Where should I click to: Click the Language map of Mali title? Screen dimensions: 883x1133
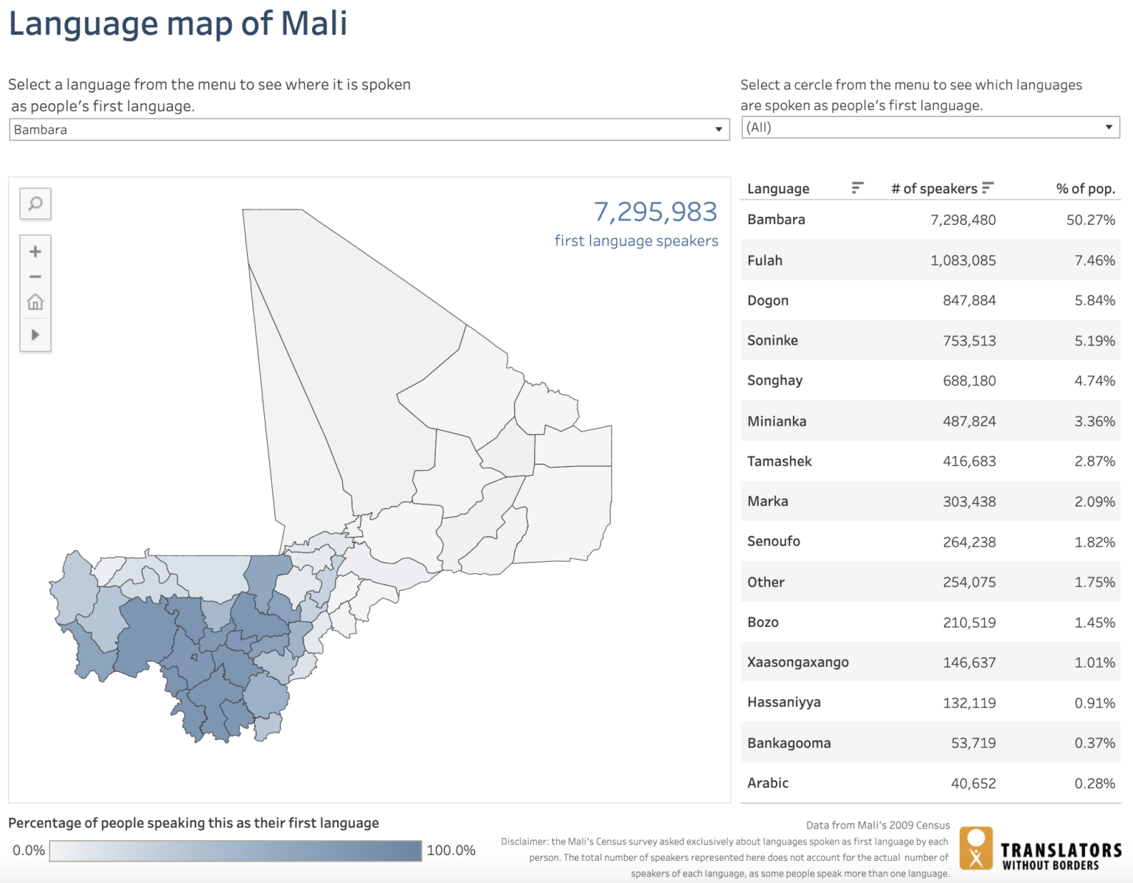point(178,23)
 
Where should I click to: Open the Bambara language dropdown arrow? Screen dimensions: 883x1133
point(718,130)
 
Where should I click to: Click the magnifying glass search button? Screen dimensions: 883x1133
point(35,204)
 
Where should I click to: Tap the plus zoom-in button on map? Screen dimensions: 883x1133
point(35,252)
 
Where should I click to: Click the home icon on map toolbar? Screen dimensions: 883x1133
point(35,302)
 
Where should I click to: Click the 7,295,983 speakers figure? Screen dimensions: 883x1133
point(655,212)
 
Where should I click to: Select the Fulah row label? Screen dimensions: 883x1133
point(765,260)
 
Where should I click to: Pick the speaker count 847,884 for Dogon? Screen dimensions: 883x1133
point(969,300)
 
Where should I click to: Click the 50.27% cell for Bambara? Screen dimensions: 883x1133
point(1090,220)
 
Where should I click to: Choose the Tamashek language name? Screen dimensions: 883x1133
point(779,461)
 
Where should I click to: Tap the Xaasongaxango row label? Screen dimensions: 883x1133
point(797,662)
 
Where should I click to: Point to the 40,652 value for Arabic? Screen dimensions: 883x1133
point(973,783)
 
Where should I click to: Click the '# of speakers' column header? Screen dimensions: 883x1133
point(934,189)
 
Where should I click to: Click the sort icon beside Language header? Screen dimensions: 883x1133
point(857,188)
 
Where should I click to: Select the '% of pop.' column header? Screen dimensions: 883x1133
point(1085,189)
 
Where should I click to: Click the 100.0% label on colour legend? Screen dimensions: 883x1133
point(451,850)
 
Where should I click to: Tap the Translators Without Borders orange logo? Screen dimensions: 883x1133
point(976,848)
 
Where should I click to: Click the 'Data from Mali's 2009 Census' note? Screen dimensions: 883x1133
point(878,825)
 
